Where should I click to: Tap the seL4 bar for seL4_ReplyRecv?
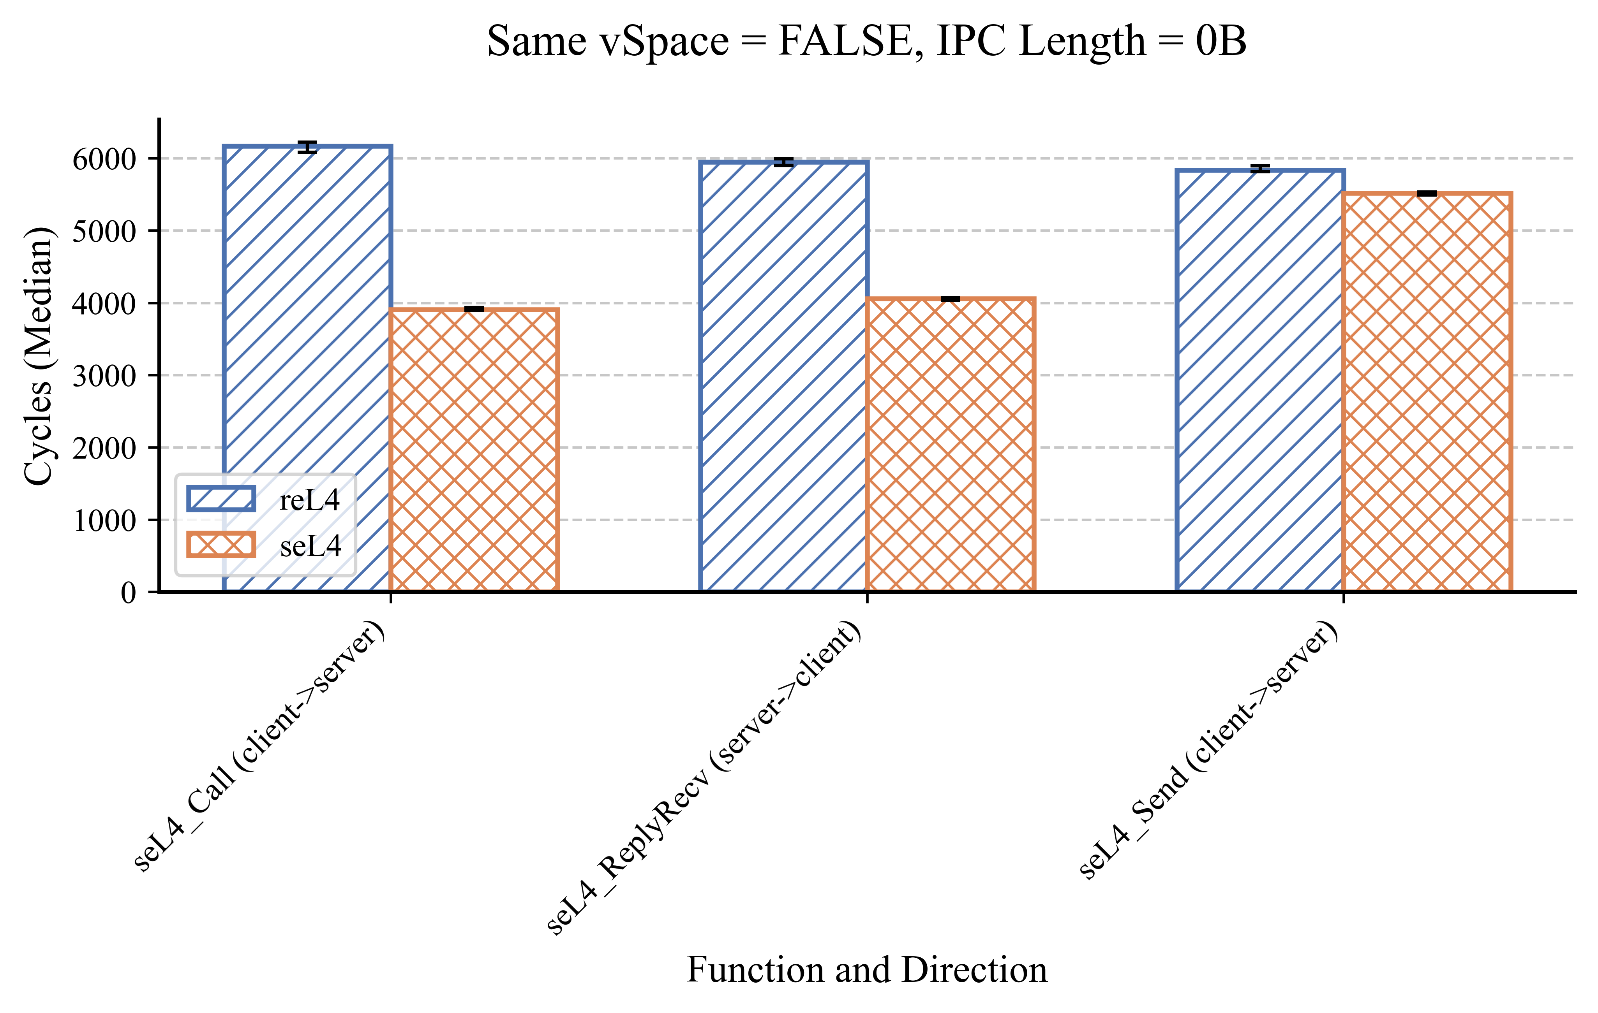[x=950, y=445]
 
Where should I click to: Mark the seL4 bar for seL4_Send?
[x=1427, y=391]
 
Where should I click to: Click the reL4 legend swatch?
[x=221, y=499]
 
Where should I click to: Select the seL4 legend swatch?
[x=221, y=545]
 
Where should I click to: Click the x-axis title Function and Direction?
[x=867, y=969]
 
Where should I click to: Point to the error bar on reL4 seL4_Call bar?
[x=307, y=147]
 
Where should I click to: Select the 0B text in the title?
[x=1221, y=41]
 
